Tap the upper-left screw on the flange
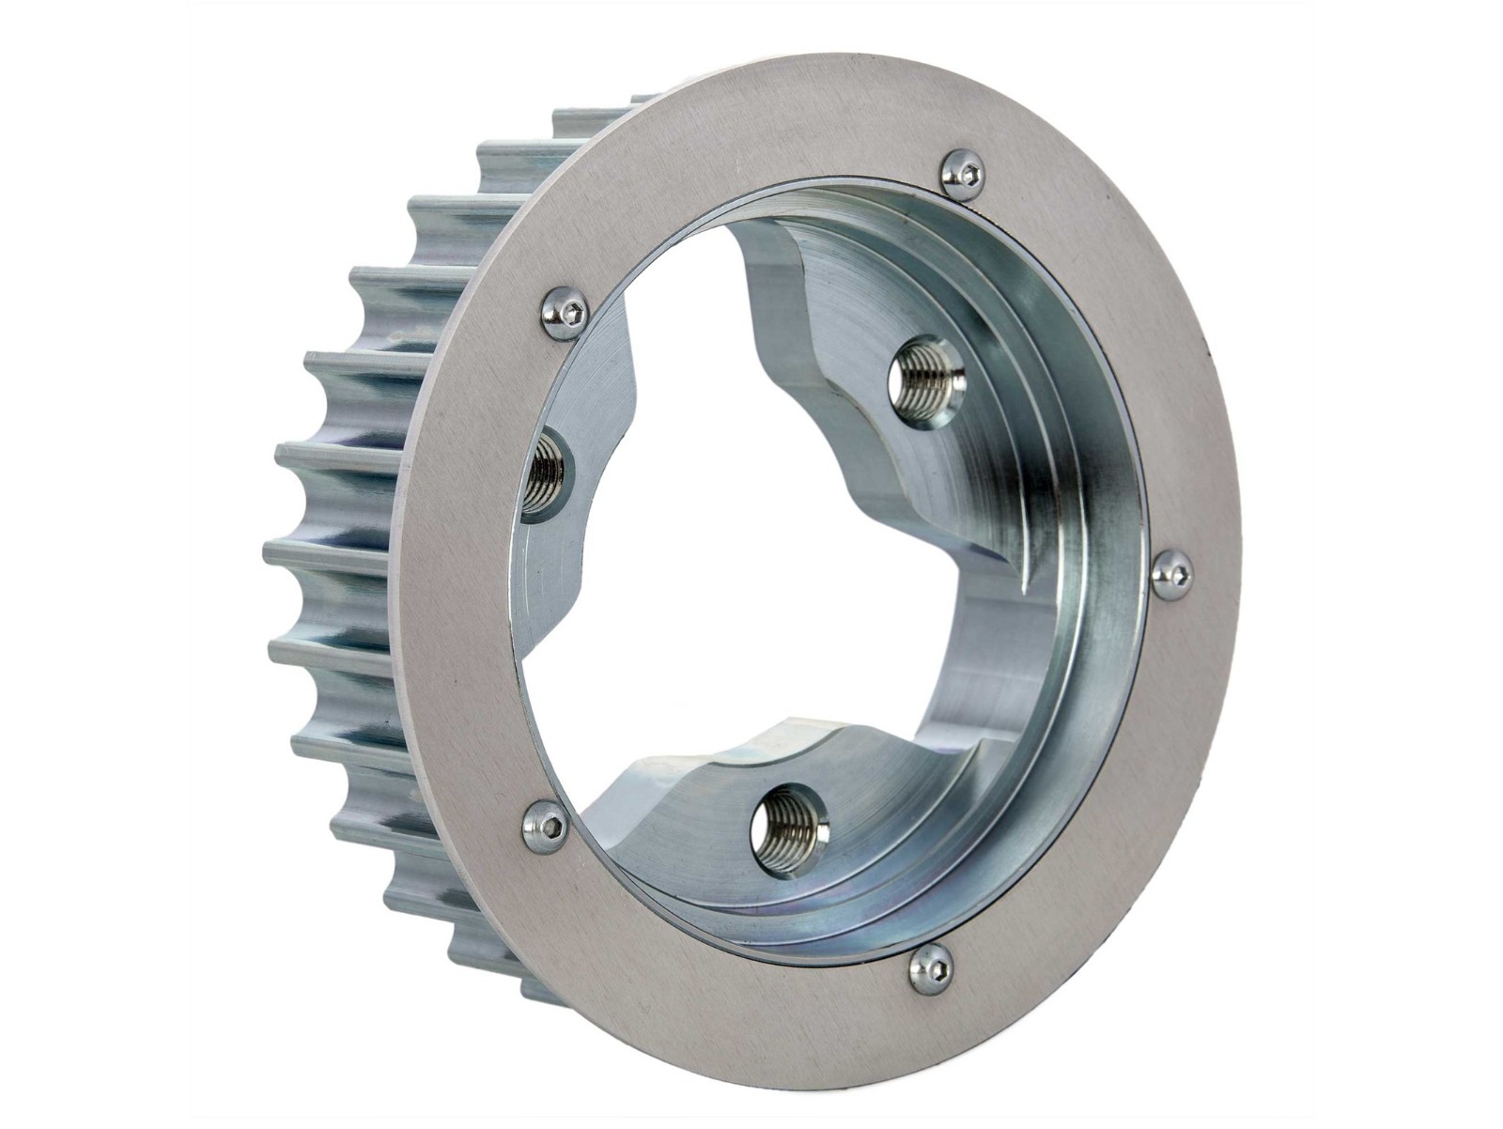(567, 311)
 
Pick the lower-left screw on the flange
(546, 826)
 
